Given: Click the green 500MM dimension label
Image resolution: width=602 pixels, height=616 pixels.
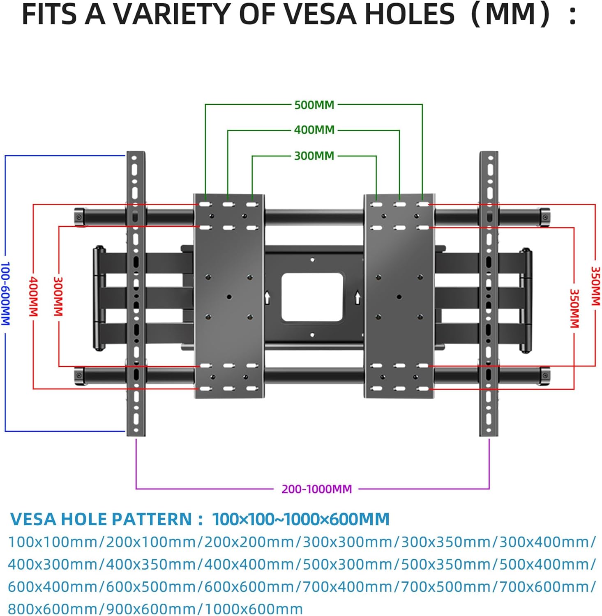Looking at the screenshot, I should tap(314, 105).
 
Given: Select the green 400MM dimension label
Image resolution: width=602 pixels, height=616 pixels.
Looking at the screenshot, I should tap(314, 130).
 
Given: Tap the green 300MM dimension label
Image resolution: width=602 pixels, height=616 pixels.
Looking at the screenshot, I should tap(314, 156).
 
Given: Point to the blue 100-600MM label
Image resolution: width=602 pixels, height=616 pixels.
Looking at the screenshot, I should tap(5, 293).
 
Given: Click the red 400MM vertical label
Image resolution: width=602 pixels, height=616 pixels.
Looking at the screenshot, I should tap(33, 296).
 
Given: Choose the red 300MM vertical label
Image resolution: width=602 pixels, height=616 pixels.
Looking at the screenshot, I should tap(58, 296).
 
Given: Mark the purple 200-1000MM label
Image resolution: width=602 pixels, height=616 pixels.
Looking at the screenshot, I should tap(316, 489).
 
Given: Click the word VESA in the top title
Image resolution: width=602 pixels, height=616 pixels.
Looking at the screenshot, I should tap(321, 15).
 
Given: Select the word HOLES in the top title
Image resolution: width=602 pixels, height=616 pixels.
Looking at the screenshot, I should tap(410, 15).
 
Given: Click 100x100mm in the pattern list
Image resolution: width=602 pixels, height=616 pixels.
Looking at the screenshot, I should tap(53, 542).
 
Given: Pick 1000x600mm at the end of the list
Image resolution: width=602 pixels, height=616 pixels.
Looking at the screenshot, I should tap(254, 609).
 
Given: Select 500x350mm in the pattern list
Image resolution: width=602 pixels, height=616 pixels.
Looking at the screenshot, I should tap(445, 564).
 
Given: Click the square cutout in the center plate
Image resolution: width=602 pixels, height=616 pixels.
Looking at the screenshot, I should tap(312, 297).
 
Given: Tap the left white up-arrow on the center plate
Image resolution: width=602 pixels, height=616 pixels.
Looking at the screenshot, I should tap(268, 297).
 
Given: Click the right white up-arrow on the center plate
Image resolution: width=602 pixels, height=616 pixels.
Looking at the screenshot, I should tap(358, 297).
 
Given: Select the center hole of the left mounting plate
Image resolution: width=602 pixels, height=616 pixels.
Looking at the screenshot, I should tap(229, 297).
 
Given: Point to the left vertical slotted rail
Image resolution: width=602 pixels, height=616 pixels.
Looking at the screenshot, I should tap(136, 293).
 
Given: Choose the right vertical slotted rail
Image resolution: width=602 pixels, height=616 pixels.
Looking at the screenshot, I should tap(489, 293).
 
